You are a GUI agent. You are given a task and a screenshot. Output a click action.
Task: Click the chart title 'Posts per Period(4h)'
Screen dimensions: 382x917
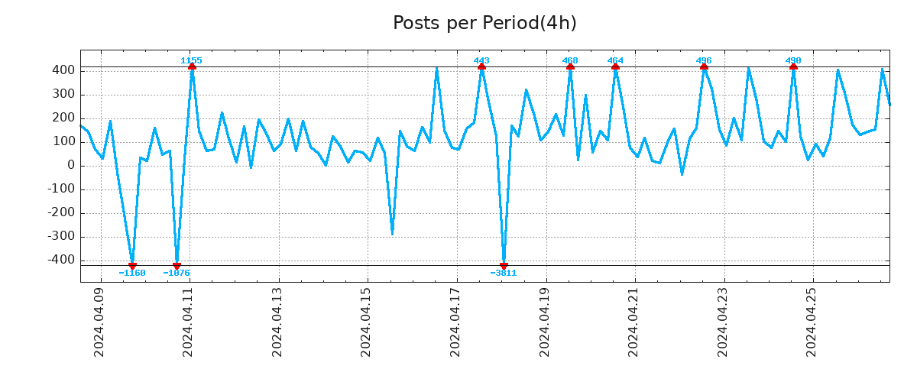484,24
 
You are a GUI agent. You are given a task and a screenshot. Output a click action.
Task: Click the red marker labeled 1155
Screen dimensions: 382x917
192,67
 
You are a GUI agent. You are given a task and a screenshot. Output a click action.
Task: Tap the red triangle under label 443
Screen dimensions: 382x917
481,67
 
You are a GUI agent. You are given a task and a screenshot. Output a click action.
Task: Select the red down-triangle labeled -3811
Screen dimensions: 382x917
504,265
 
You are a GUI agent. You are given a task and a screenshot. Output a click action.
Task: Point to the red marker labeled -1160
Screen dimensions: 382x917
132,265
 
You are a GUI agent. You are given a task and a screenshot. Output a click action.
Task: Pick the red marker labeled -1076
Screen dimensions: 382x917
177,265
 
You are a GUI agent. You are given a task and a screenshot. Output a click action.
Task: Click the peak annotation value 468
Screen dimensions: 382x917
570,60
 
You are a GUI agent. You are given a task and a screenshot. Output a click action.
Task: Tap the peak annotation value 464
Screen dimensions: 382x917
615,60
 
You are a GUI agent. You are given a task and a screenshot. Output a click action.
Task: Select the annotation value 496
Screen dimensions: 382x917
704,60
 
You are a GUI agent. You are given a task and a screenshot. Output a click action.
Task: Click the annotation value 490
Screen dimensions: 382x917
793,60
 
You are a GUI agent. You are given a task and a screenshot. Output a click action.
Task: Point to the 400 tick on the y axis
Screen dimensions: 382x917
63,70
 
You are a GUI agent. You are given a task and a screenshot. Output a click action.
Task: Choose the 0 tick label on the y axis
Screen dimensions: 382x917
70,165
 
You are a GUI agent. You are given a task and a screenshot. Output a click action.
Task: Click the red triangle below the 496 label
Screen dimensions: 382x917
704,67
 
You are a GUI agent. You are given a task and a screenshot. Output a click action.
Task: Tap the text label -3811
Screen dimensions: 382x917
504,273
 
